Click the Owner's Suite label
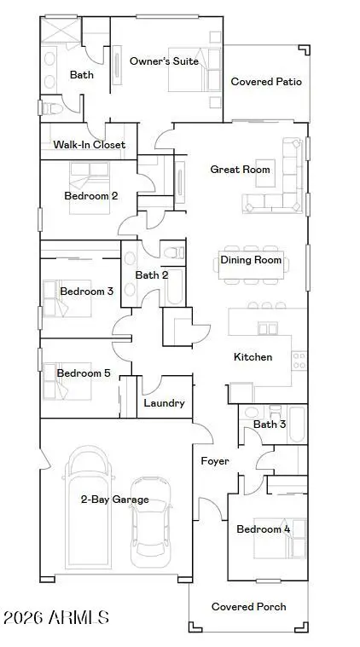(164, 61)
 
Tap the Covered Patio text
(266, 82)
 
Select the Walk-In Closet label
(89, 145)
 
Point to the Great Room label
(240, 170)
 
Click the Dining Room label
(251, 260)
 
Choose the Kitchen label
(253, 357)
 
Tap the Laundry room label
(165, 403)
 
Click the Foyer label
(214, 461)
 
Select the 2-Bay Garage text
(114, 500)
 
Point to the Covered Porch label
(249, 607)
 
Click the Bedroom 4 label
(263, 529)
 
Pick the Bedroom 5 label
(84, 373)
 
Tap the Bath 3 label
(269, 424)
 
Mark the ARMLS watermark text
(56, 616)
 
